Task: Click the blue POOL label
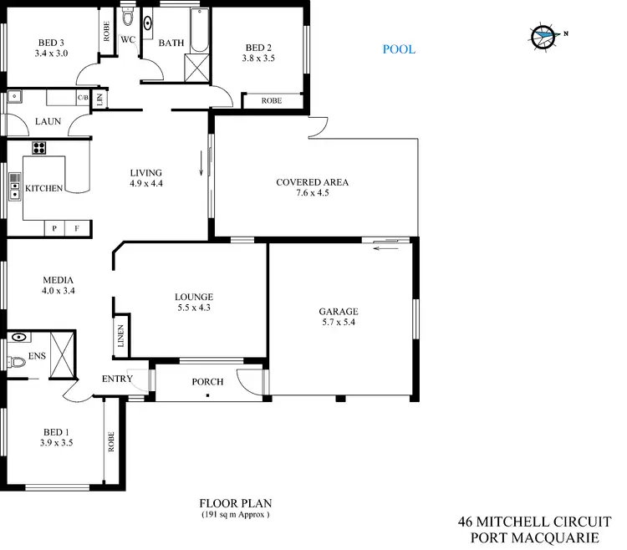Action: coord(399,49)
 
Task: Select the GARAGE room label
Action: coord(339,312)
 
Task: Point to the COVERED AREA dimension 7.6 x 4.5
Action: coord(312,193)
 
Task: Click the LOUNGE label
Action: coord(194,297)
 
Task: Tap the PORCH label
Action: coord(207,382)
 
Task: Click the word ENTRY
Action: coord(117,379)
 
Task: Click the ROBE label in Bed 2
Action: coord(272,100)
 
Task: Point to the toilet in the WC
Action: coord(128,18)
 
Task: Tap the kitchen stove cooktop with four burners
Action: coord(38,148)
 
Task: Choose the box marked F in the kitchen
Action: coord(78,227)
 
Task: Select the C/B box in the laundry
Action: coord(83,98)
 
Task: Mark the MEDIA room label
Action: coord(58,280)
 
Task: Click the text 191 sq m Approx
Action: coord(235,515)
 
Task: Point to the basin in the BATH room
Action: coord(149,23)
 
